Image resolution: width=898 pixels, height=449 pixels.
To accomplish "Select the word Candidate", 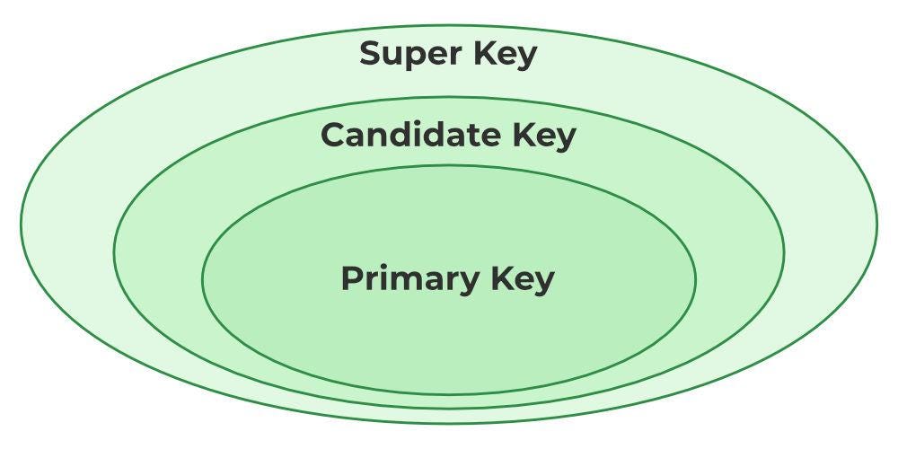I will pyautogui.click(x=409, y=136).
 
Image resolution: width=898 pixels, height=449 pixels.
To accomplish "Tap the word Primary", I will pyautogui.click(x=409, y=278).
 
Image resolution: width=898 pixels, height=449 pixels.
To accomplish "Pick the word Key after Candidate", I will pyautogui.click(x=544, y=136).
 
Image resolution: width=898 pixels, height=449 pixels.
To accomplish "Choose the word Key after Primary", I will pyautogui.click(x=524, y=278).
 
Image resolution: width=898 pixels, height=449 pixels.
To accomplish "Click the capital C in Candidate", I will pyautogui.click(x=333, y=136).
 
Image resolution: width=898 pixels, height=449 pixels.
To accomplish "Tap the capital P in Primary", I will pyautogui.click(x=352, y=278).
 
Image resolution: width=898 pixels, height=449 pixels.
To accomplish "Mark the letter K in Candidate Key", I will pyautogui.click(x=524, y=136).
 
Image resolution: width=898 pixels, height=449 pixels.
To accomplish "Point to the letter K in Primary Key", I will pyautogui.click(x=503, y=278).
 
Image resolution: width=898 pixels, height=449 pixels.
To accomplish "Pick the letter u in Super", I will pyautogui.click(x=392, y=56).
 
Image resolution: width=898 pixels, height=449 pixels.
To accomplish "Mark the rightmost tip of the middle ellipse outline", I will pyautogui.click(x=784, y=252).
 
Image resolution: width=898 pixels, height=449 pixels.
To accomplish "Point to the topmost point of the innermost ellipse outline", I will pyautogui.click(x=448, y=165).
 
